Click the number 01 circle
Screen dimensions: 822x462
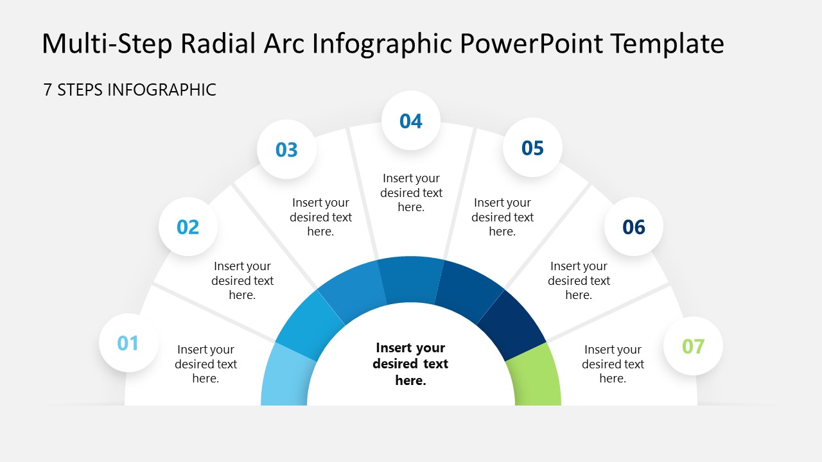click(x=128, y=343)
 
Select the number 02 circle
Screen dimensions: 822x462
click(x=188, y=227)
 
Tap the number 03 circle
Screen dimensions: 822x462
click(x=286, y=150)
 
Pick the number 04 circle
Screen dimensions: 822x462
click(x=411, y=121)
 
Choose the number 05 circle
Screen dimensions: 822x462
click(x=532, y=148)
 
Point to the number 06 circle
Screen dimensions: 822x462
click(x=634, y=227)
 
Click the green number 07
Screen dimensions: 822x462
click(x=693, y=346)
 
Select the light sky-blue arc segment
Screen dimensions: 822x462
click(x=286, y=378)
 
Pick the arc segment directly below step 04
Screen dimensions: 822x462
click(x=411, y=279)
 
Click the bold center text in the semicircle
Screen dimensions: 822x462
click(x=410, y=364)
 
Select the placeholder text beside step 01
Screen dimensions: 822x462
click(x=206, y=364)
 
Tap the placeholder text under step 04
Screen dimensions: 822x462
click(x=412, y=193)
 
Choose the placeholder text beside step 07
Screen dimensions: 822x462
click(x=613, y=364)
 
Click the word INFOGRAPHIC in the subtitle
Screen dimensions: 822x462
click(x=161, y=90)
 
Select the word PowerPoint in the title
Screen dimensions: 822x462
click(x=531, y=43)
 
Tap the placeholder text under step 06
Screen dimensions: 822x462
click(x=579, y=280)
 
